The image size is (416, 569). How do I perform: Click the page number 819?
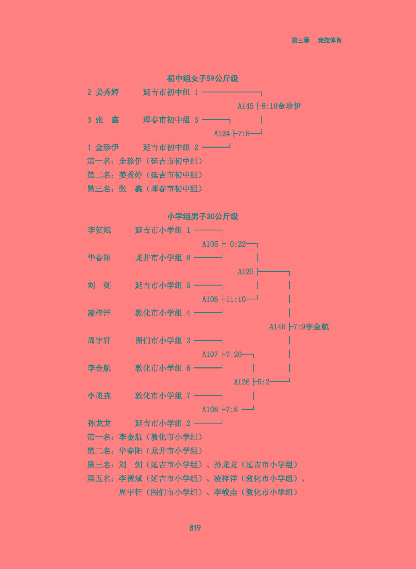coord(195,528)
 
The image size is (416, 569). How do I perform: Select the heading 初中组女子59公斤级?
coord(202,79)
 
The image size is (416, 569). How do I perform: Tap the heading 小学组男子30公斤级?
coord(202,217)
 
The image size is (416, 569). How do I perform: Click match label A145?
coord(245,106)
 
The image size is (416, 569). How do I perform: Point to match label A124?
coord(222,134)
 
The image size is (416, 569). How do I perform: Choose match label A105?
coord(210,244)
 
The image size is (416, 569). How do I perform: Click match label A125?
coord(245,272)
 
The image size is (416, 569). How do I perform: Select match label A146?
coord(277,327)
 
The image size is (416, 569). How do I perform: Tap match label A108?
coord(210,410)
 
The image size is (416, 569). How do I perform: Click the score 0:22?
coord(238,244)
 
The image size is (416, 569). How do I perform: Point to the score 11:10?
coord(236,299)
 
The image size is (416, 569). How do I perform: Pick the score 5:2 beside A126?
coord(264,382)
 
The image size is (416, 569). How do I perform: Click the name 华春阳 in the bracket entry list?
coord(99,258)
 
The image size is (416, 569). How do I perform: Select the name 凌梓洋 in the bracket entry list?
coord(99,313)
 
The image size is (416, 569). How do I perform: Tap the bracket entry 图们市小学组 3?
coord(162,341)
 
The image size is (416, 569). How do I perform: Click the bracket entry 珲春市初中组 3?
coord(170,120)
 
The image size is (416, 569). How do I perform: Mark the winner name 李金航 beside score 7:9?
coord(317,327)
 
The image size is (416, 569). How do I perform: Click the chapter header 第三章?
coord(300,41)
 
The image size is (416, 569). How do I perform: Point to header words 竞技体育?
coord(329,41)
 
